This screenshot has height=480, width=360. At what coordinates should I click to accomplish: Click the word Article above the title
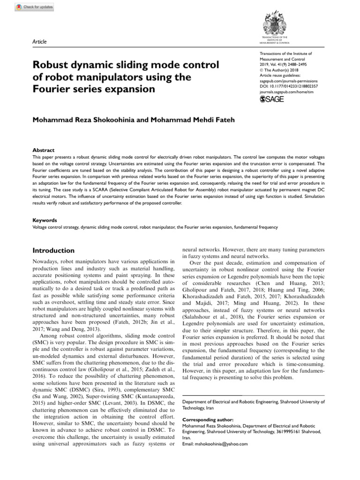point(39,42)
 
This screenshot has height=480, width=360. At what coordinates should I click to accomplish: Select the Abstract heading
point(43,150)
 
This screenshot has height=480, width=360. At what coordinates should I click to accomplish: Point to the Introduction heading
point(53,251)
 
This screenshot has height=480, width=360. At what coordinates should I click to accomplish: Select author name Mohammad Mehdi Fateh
point(192,120)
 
